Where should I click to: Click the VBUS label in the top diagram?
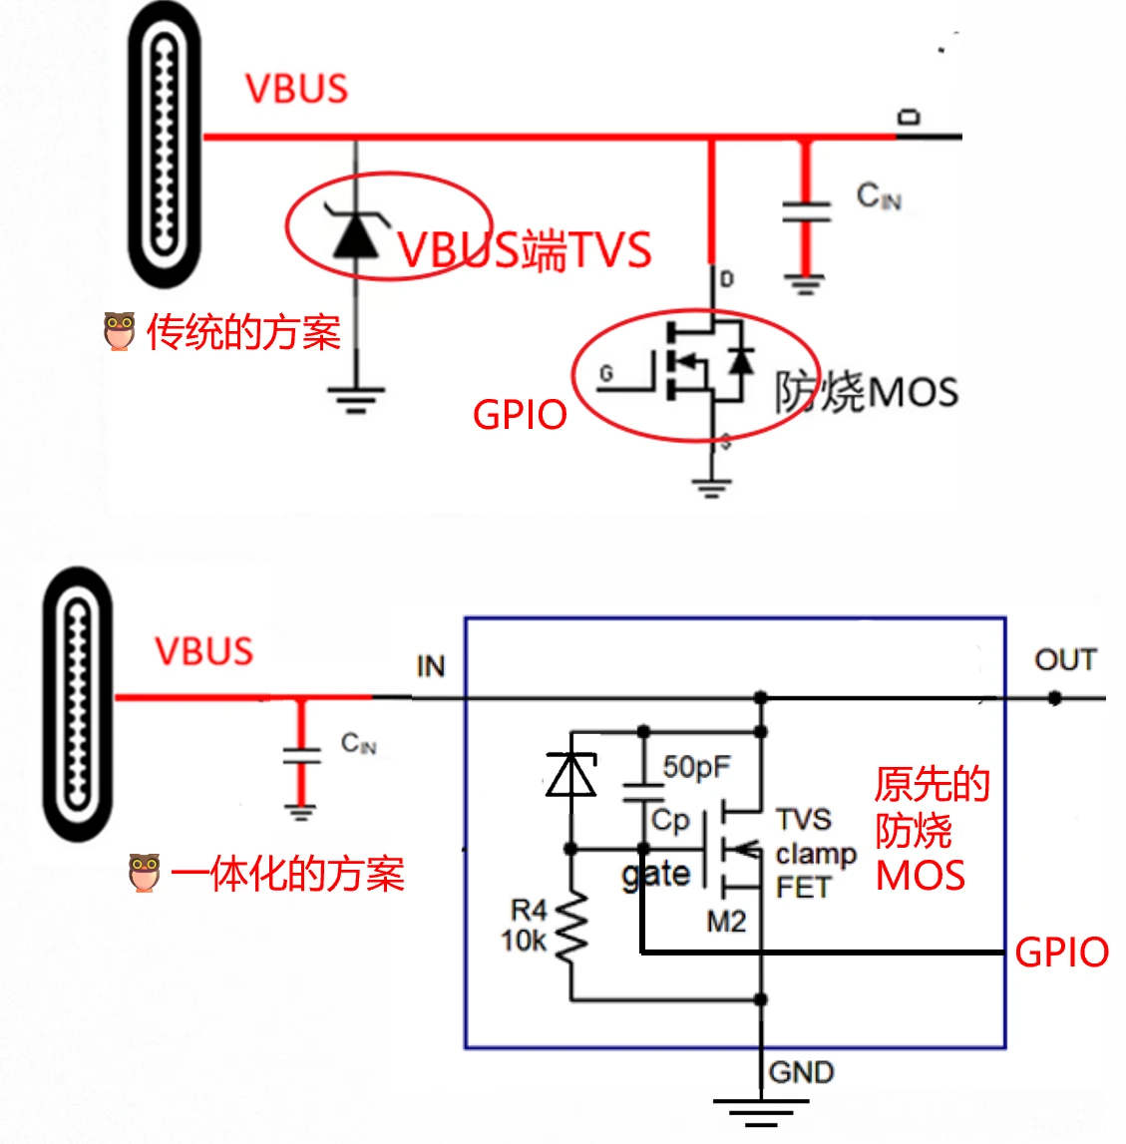coord(296,89)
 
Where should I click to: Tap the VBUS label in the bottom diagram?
coord(204,651)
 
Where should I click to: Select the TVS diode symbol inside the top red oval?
coord(356,231)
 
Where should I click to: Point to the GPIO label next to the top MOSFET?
coord(520,415)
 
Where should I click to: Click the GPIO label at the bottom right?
coord(1061,953)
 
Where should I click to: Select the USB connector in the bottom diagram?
coord(78,704)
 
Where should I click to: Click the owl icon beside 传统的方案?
coord(120,332)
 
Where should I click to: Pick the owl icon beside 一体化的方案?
coord(145,873)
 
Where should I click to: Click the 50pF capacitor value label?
coord(696,767)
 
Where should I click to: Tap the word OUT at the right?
coord(1065,660)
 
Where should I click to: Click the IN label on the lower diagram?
coord(430,666)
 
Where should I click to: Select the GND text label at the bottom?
coord(801,1072)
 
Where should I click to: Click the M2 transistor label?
coord(726,922)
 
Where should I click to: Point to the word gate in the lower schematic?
coord(655,875)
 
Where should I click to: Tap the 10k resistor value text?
coord(524,941)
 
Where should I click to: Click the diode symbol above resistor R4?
coord(571,775)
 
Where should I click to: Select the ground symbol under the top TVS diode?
coord(356,400)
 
